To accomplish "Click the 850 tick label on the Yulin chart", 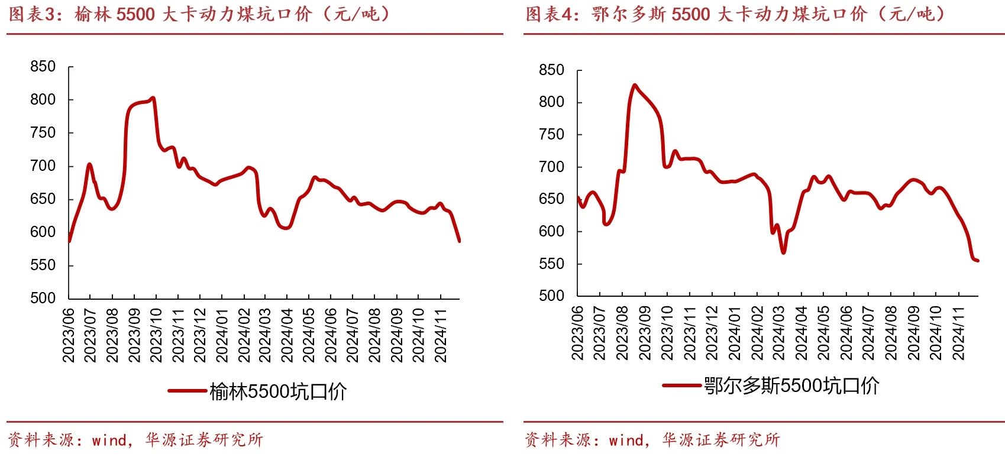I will point(43,67).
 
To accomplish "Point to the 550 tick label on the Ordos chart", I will point(551,264).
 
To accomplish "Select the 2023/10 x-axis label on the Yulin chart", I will point(156,335).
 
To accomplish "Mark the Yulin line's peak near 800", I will point(153,98).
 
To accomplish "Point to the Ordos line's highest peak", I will point(635,85).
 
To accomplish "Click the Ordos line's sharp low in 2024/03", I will point(783,252).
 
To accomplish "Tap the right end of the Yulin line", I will point(459,241).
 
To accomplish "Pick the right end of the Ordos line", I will point(978,260).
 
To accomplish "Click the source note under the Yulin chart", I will point(135,440).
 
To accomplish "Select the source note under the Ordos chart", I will point(652,440).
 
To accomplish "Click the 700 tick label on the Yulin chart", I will point(43,166).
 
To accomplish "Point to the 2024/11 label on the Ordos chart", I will point(958,333).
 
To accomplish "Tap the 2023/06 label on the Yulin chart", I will point(69,335).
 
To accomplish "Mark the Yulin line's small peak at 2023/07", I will point(89,164).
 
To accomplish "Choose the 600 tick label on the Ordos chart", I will point(551,232).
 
